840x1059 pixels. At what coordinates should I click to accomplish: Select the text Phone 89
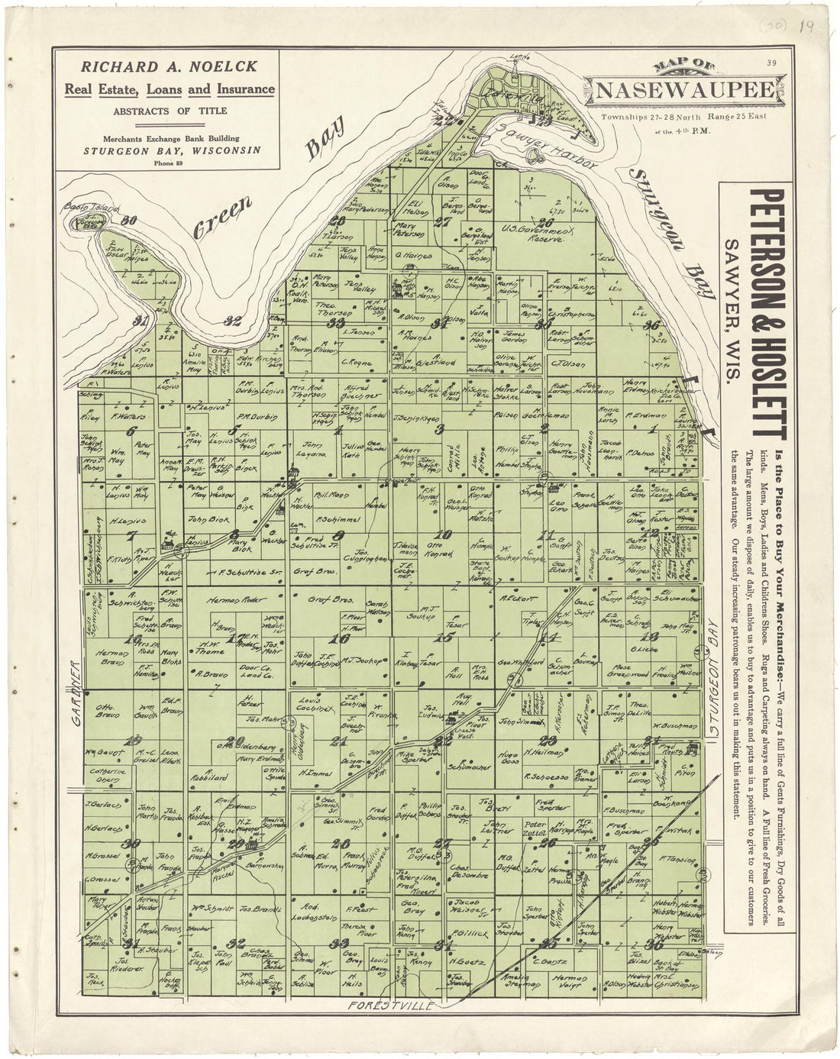[x=164, y=162]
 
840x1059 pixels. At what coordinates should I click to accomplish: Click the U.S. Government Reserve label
[x=531, y=233]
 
